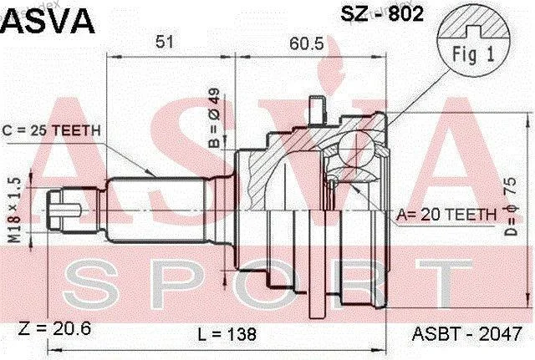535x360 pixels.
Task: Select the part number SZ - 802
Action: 382,14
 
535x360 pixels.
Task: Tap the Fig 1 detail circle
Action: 474,42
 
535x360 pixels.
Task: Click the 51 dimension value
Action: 165,43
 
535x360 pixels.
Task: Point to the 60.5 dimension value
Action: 307,43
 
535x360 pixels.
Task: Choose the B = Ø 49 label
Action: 214,118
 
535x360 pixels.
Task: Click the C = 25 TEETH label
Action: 51,130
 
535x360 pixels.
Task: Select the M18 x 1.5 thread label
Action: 15,210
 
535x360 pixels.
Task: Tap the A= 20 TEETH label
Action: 446,215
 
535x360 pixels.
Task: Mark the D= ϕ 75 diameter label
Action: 511,206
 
